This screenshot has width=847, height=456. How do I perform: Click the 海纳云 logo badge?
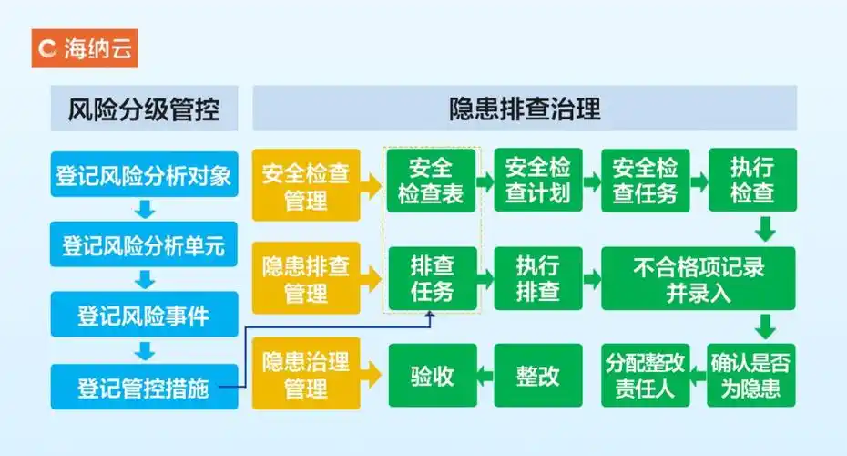[85, 48]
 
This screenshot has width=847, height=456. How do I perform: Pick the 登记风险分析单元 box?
[144, 246]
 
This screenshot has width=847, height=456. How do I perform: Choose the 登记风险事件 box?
[144, 316]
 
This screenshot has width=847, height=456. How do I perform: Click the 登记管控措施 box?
[144, 388]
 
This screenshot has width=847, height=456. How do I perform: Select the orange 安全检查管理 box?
[306, 185]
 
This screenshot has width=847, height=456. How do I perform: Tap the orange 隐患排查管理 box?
[306, 279]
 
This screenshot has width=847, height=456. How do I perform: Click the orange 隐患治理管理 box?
[306, 374]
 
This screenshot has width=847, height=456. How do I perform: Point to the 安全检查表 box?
[431, 180]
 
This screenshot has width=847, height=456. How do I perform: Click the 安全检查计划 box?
[537, 180]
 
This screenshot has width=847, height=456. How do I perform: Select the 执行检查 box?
[752, 180]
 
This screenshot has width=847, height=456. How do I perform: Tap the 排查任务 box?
[431, 278]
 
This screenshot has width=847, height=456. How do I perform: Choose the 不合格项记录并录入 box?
[699, 279]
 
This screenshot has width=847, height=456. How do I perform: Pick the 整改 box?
[537, 375]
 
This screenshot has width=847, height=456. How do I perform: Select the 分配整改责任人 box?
[644, 375]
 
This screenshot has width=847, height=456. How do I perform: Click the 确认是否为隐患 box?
[752, 375]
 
